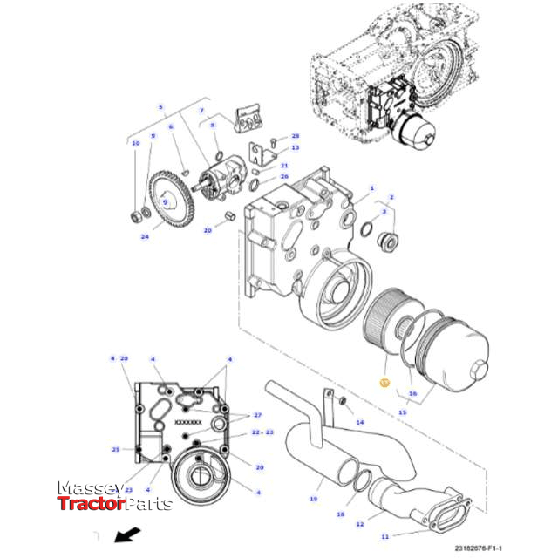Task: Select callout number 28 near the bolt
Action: click(295, 137)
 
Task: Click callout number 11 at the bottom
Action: click(384, 537)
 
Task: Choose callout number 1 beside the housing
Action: click(371, 188)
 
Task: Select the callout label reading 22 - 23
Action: click(262, 432)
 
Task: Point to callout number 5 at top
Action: click(160, 107)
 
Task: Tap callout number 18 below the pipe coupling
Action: click(340, 515)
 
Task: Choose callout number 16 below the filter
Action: click(413, 394)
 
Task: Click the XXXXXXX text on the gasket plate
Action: click(187, 422)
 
